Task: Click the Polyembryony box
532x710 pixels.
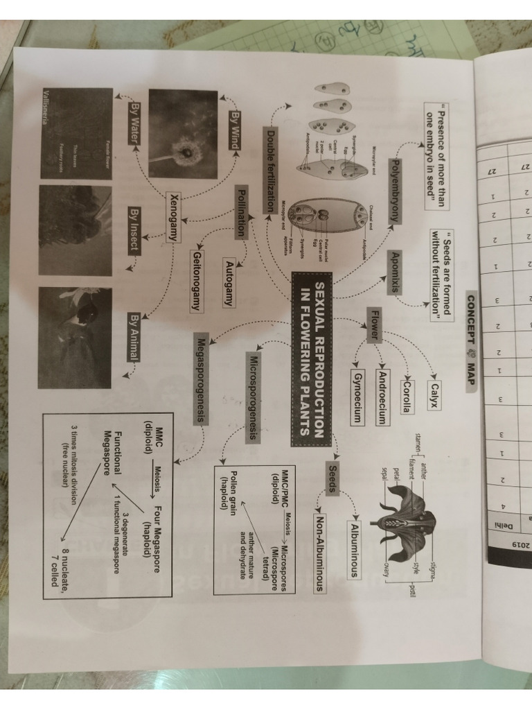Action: [x=393, y=189]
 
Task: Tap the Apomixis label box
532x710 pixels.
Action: [x=393, y=272]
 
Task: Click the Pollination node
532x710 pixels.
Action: [x=242, y=213]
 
